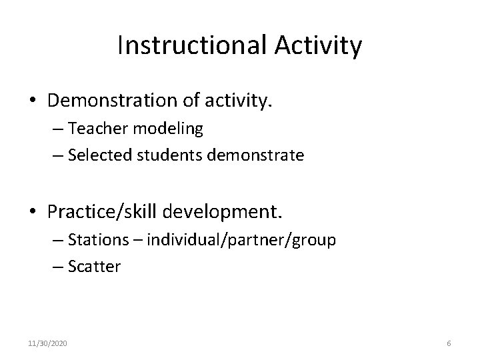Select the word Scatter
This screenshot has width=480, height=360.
(94, 266)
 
